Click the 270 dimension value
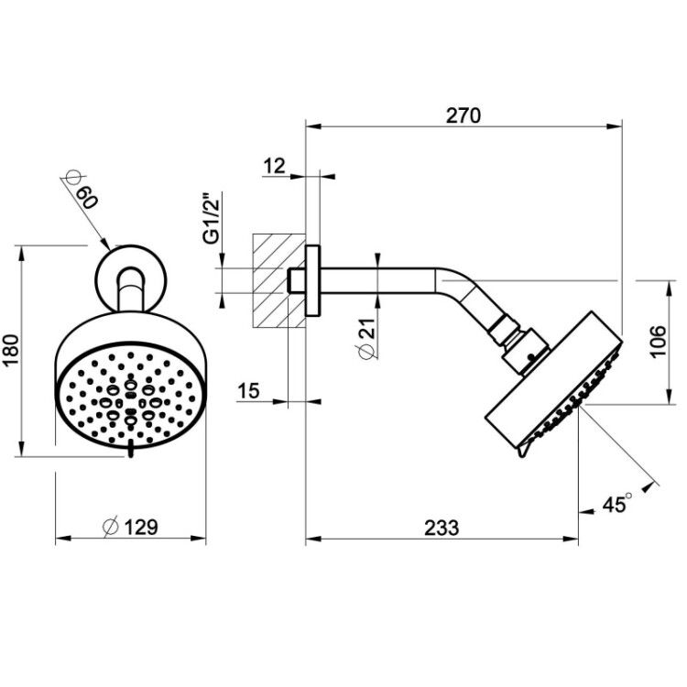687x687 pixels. (463, 115)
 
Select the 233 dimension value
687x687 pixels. (442, 528)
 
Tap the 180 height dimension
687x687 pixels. (10, 351)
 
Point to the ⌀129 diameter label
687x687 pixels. (130, 527)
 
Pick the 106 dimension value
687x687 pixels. (658, 342)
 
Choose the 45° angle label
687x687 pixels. (617, 504)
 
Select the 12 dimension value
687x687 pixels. (274, 166)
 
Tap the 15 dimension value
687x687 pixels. (248, 390)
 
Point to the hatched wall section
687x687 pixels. (278, 281)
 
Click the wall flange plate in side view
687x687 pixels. (313, 280)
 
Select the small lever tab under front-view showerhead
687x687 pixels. (130, 450)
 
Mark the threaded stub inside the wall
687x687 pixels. (297, 280)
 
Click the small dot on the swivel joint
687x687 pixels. (531, 357)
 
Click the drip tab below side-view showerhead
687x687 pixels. (524, 449)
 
